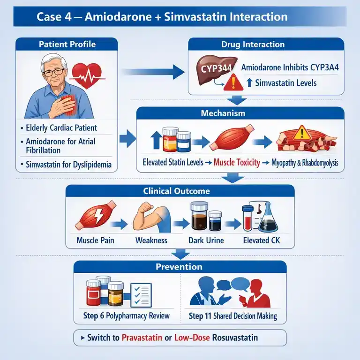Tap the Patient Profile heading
coord(67,44)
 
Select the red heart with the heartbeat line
coord(87,75)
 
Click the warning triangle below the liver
coord(233,82)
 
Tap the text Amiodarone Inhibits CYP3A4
coord(290,67)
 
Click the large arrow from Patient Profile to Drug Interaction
coord(153,72)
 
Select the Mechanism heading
coord(223,113)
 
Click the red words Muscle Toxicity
coord(237,162)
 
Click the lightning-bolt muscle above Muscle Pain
coord(96,215)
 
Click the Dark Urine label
coord(206,240)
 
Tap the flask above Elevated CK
coord(268,217)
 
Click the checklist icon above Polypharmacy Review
coord(141,295)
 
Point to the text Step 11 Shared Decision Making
coord(233,316)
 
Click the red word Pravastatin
coord(142,337)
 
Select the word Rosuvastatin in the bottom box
coord(235,337)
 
